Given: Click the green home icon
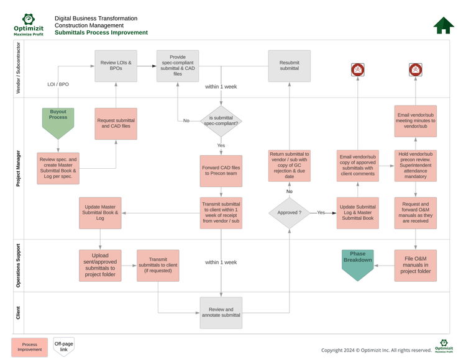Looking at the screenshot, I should pyautogui.click(x=443, y=25).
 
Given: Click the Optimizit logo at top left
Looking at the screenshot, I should pyautogui.click(x=29, y=25).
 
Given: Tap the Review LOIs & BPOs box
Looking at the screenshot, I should pyautogui.click(x=116, y=66).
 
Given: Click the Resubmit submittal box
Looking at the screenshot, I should pyautogui.click(x=289, y=66).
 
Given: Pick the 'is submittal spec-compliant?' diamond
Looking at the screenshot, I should pyautogui.click(x=221, y=120).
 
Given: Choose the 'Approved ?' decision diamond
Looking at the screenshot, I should pyautogui.click(x=289, y=212).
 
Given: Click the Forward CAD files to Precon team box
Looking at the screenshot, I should pyautogui.click(x=221, y=171).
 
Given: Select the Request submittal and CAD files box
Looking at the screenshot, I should pyautogui.click(x=116, y=123).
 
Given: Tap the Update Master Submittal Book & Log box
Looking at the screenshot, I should pyautogui.click(x=100, y=212).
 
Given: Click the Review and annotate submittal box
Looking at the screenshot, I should pyautogui.click(x=221, y=312).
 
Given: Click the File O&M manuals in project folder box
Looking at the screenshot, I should pyautogui.click(x=416, y=265).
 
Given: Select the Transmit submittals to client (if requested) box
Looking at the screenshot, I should pyautogui.click(x=158, y=265).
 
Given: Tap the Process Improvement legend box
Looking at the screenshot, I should pyautogui.click(x=30, y=346).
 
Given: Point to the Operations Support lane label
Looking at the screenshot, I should pyautogui.click(x=18, y=265).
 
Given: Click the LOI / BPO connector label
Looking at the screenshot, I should pyautogui.click(x=58, y=84).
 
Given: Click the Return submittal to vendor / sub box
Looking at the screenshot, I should pyautogui.click(x=289, y=165).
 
